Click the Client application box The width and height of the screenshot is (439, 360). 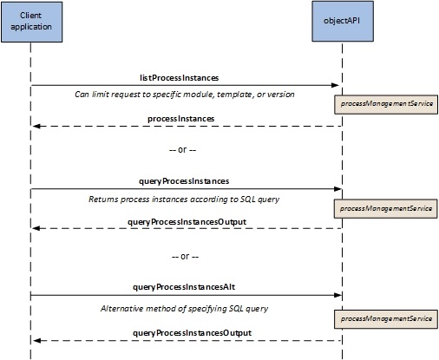point(32,22)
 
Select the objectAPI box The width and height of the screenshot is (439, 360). point(343,22)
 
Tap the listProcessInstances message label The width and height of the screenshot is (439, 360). point(180,78)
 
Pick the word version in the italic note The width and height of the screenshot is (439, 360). point(281,95)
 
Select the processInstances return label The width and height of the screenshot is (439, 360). point(181,119)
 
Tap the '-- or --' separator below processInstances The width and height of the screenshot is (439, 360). point(182,149)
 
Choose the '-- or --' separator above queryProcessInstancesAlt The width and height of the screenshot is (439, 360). point(185,256)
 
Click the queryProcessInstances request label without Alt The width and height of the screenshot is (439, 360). point(184,181)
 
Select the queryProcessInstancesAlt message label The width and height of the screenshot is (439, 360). point(184,287)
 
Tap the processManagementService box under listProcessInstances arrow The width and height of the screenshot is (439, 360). point(386,104)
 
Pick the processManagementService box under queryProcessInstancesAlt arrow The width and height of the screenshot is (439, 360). point(386,319)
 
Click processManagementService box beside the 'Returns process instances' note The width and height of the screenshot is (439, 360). point(386,208)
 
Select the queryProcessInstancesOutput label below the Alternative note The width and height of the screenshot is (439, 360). point(192,333)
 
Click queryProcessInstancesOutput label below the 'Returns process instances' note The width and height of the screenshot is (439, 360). point(187,222)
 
